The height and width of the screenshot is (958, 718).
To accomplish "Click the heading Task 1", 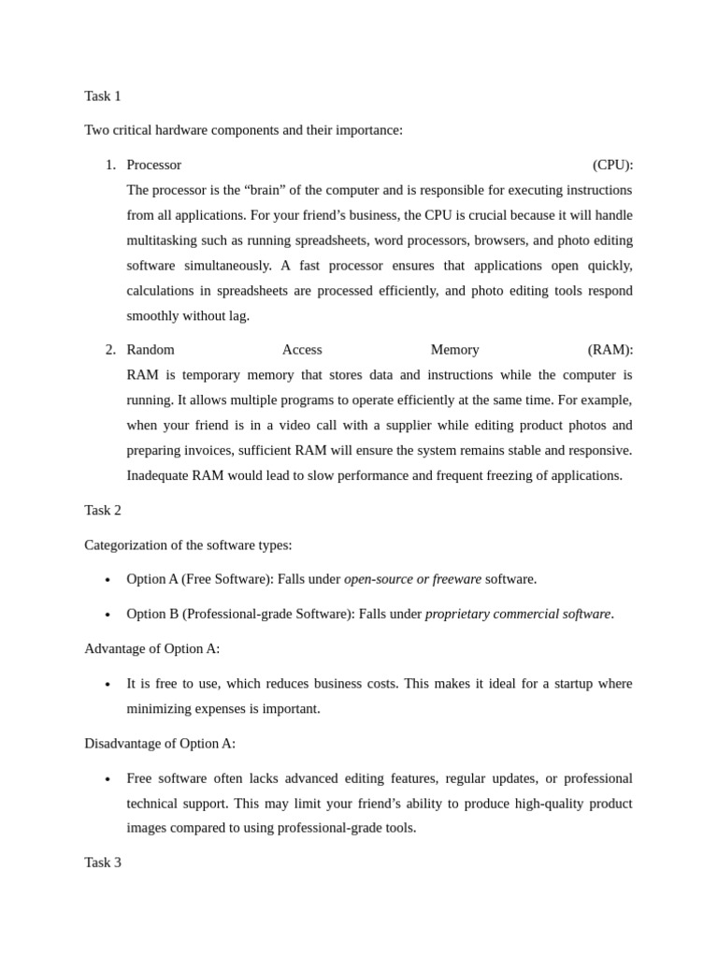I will (x=103, y=95).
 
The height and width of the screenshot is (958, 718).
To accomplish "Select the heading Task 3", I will (x=103, y=862).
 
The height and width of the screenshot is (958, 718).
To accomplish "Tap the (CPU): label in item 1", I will (x=612, y=165).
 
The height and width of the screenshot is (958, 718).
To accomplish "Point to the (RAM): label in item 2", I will (x=610, y=349).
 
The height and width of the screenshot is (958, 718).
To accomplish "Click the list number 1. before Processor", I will (x=110, y=165).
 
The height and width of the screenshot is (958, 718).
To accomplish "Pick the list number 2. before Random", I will (x=110, y=349).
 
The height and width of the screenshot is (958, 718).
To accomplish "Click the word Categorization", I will (x=130, y=544).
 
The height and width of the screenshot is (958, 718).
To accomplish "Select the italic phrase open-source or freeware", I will (x=412, y=579).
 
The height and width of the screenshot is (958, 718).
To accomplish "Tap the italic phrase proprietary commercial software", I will (x=518, y=614).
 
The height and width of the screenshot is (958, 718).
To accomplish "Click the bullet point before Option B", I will (x=108, y=615).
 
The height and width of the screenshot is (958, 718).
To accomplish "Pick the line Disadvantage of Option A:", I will (x=160, y=743).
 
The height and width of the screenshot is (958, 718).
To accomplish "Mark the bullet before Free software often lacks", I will (x=108, y=779).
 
